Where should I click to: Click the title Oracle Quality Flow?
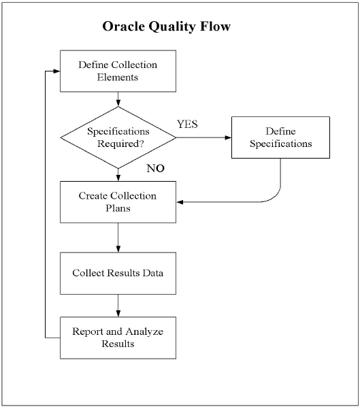tap(167, 27)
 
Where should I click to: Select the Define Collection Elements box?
tap(118, 71)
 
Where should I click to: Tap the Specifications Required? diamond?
tap(118, 137)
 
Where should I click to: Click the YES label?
tap(187, 124)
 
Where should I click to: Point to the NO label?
tap(155, 168)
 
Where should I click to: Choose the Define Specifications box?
tap(280, 137)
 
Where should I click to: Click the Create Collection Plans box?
tap(118, 202)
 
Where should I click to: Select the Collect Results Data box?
tap(118, 273)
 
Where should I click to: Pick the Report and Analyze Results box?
tap(118, 338)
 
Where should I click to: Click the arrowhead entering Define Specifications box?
tap(228, 137)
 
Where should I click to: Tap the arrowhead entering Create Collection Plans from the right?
tap(180, 202)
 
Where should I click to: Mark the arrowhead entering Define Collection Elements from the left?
tap(56, 71)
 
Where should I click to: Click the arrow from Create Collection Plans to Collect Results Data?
tap(118, 238)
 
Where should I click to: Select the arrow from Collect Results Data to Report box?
tap(118, 306)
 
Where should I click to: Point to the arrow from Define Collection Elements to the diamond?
tap(118, 99)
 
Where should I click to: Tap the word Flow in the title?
tap(216, 26)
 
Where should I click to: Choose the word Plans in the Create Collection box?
tap(118, 208)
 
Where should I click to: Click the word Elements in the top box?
tap(118, 77)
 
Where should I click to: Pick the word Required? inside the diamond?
tap(120, 144)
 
